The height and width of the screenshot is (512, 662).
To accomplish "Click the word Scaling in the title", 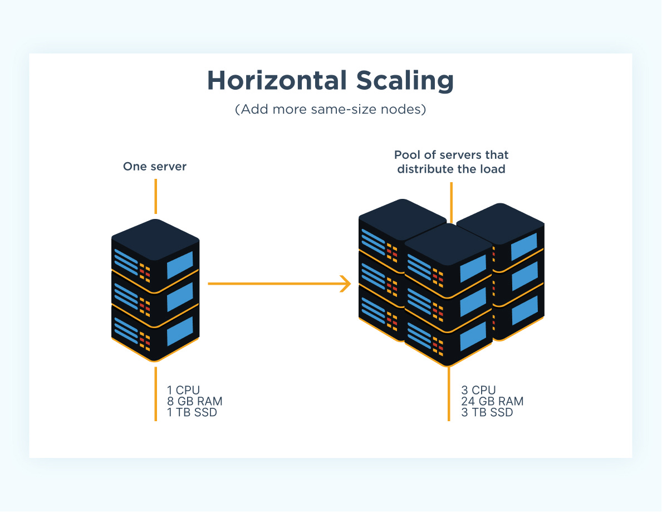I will click(x=398, y=81).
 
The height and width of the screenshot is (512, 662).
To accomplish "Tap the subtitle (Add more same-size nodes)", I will click(x=330, y=110).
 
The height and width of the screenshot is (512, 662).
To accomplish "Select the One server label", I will click(x=155, y=166).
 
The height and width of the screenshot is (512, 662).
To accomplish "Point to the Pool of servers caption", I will click(x=451, y=162).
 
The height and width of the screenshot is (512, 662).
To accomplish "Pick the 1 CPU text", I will click(x=183, y=390).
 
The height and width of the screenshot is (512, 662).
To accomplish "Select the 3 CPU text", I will click(x=478, y=390).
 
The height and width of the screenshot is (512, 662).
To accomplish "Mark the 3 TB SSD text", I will click(x=487, y=413).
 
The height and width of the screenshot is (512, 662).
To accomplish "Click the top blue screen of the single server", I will click(x=179, y=265).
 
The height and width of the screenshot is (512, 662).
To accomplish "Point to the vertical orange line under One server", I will click(x=156, y=196).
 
